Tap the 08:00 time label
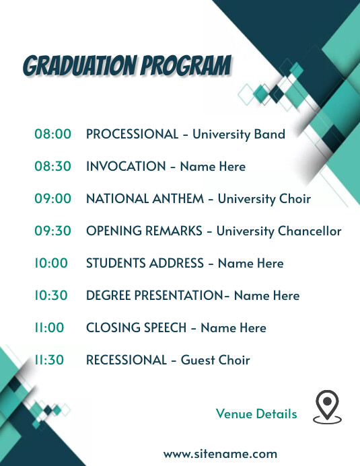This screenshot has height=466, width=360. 52,134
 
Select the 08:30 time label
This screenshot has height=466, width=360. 52,166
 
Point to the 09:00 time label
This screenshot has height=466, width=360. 52,198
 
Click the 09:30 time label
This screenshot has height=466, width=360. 52,231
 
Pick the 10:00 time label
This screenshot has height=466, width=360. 51,263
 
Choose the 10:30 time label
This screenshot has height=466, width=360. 52,295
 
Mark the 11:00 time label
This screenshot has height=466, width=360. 49,327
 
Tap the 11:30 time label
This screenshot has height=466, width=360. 49,360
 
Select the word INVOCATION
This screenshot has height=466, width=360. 125,166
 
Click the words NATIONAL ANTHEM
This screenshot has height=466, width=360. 143,198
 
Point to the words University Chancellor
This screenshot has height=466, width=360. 279,231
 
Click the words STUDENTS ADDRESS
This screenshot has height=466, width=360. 145,263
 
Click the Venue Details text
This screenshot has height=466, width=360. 256,414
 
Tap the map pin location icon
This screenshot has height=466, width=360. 327,407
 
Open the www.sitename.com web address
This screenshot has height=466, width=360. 220,454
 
